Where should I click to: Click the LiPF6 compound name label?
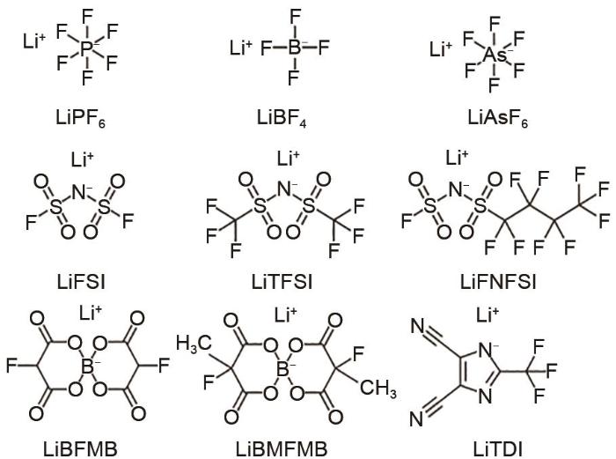point(81,118)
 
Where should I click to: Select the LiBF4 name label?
point(282,118)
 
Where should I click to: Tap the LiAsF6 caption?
point(498,118)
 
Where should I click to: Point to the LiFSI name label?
point(81,282)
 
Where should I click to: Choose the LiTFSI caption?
point(282,282)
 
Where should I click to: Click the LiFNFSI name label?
point(498,282)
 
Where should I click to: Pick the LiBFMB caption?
point(80,449)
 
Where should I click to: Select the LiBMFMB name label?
point(282,449)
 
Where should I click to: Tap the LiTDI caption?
point(498,449)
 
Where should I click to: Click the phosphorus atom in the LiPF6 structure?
point(87,48)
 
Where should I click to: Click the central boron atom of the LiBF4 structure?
point(295,48)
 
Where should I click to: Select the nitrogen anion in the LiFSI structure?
point(80,193)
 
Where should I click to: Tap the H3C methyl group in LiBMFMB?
point(194,344)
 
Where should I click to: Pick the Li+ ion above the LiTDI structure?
point(488,315)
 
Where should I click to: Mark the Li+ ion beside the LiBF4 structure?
point(240,48)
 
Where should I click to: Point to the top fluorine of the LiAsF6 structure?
point(495,24)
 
